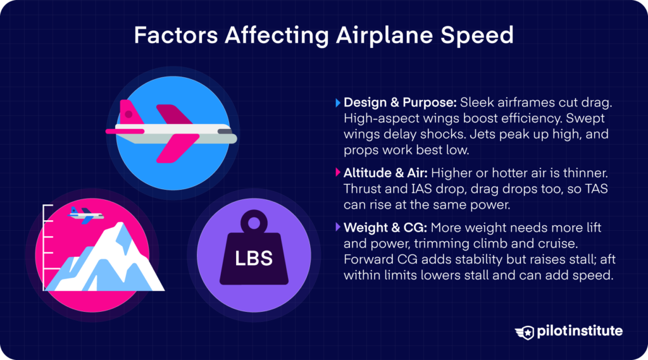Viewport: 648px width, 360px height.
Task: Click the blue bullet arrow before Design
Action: click(x=337, y=102)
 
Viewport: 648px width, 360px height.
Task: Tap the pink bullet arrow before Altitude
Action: click(x=337, y=172)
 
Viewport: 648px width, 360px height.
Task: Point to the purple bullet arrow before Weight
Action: click(x=337, y=227)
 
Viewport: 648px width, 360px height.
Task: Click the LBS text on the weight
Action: click(x=254, y=259)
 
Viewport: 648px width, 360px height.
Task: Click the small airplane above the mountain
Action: click(x=85, y=214)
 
